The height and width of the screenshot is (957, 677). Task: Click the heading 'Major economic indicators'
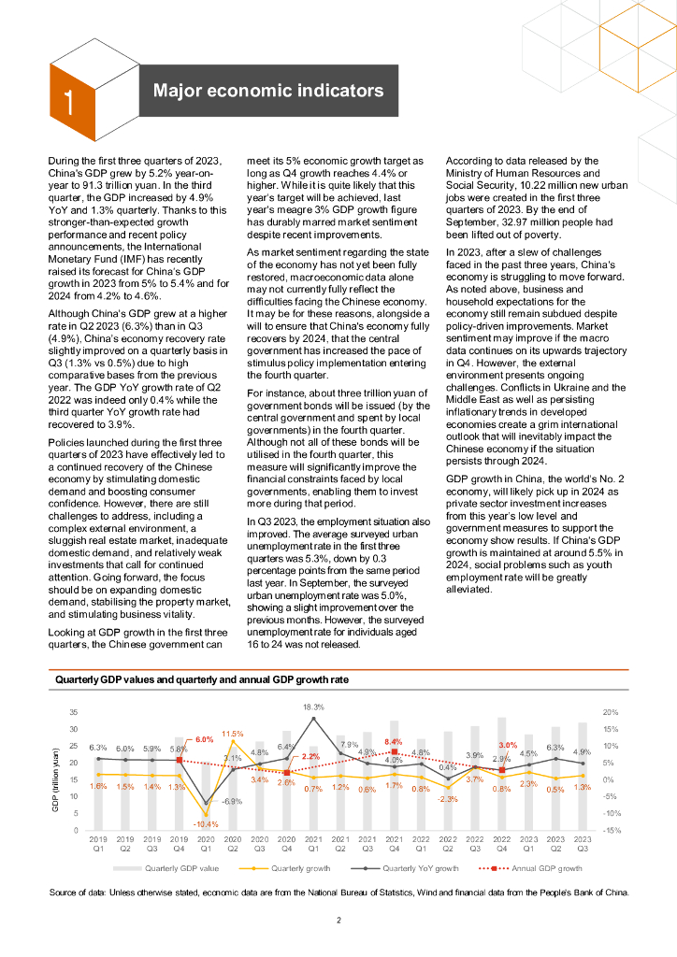point(268,91)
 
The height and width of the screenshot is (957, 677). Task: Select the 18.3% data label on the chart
point(313,707)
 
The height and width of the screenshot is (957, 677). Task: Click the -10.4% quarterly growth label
point(206,824)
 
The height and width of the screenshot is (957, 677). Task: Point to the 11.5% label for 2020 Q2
point(233,734)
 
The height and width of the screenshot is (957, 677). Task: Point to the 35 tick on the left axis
point(73,713)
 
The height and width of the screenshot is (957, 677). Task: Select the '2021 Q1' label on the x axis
point(313,843)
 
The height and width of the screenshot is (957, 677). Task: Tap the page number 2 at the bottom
point(339,921)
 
